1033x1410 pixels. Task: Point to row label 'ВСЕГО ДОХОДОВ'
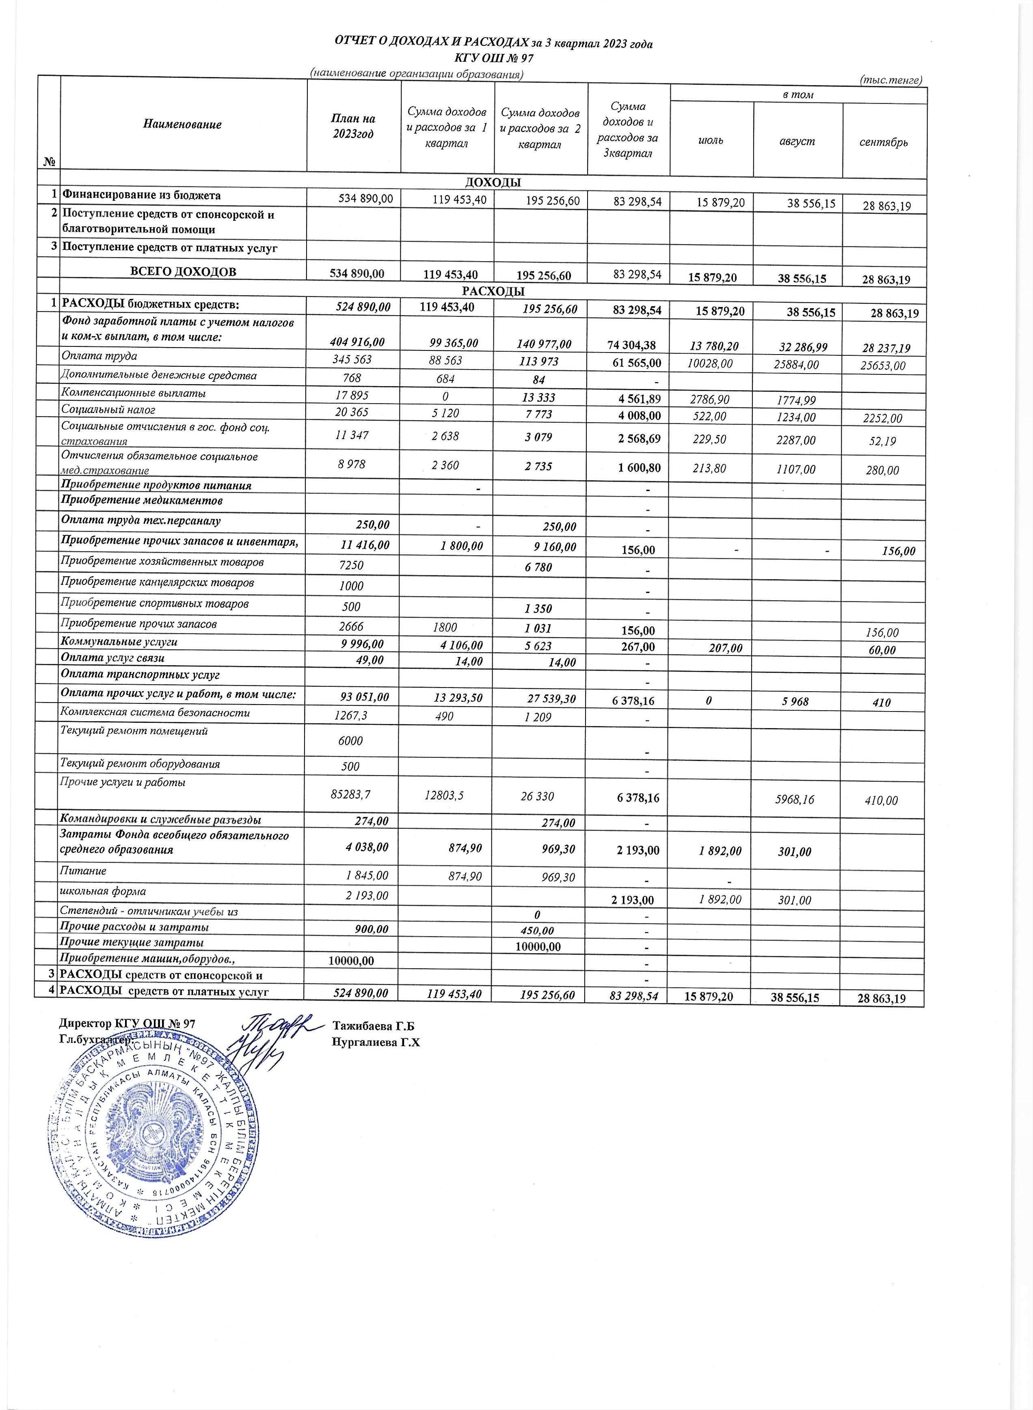(x=183, y=271)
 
